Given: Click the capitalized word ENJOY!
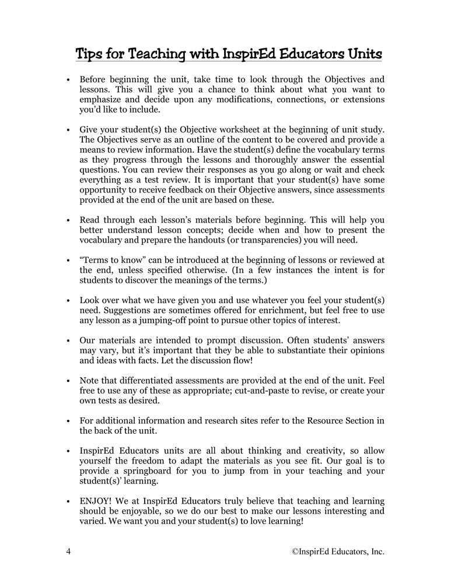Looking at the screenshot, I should (x=95, y=501).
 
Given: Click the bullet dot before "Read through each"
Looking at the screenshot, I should (x=69, y=221).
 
